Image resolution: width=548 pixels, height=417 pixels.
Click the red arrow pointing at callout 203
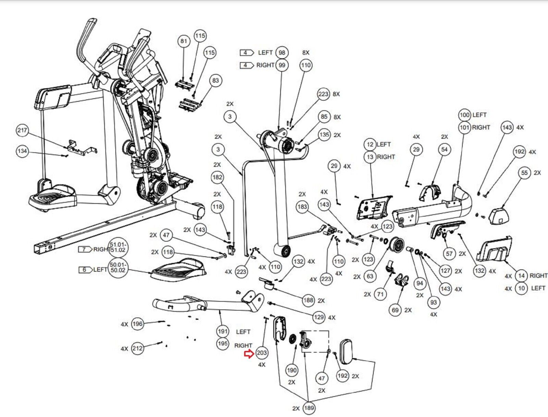[248, 354]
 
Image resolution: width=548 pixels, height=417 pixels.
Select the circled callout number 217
[22, 130]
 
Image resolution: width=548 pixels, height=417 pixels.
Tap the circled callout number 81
[184, 41]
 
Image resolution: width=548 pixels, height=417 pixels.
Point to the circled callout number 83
[215, 81]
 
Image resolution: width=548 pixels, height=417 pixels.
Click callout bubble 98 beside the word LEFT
[282, 52]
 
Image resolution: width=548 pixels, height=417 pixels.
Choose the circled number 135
[324, 135]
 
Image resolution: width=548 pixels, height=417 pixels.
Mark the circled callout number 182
[217, 177]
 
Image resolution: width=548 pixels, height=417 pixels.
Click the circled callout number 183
[302, 207]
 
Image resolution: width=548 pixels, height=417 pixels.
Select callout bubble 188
[308, 300]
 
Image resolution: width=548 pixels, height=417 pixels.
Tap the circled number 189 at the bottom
[309, 408]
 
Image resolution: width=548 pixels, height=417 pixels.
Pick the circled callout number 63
[370, 276]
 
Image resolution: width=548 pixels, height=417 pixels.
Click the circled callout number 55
[524, 173]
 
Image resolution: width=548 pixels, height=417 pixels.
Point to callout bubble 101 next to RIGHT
[464, 127]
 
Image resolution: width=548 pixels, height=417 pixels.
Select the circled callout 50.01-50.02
[118, 267]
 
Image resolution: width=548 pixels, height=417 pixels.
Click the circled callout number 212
[137, 348]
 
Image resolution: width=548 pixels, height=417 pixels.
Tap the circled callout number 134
[22, 151]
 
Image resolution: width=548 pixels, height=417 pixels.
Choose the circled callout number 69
[395, 310]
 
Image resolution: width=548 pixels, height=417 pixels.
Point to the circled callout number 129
[319, 317]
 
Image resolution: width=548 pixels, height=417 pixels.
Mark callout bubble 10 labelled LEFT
[521, 288]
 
